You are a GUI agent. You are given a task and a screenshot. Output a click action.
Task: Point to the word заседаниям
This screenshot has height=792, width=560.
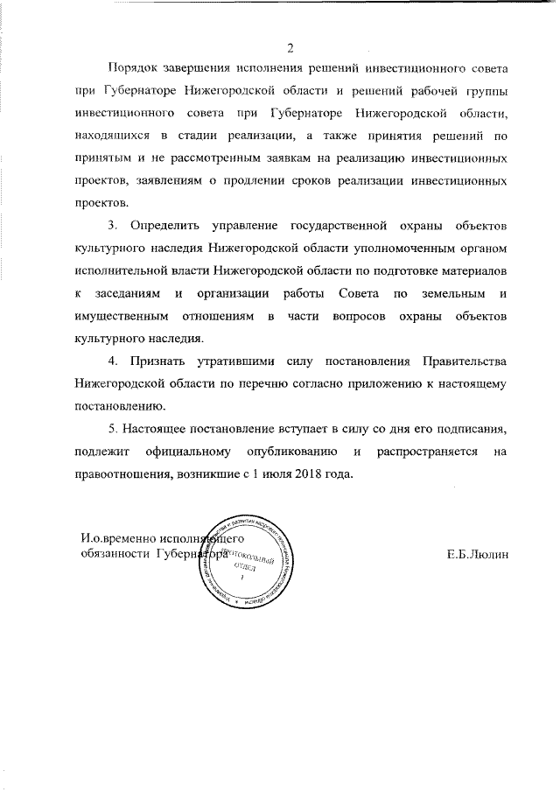tap(121, 294)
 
